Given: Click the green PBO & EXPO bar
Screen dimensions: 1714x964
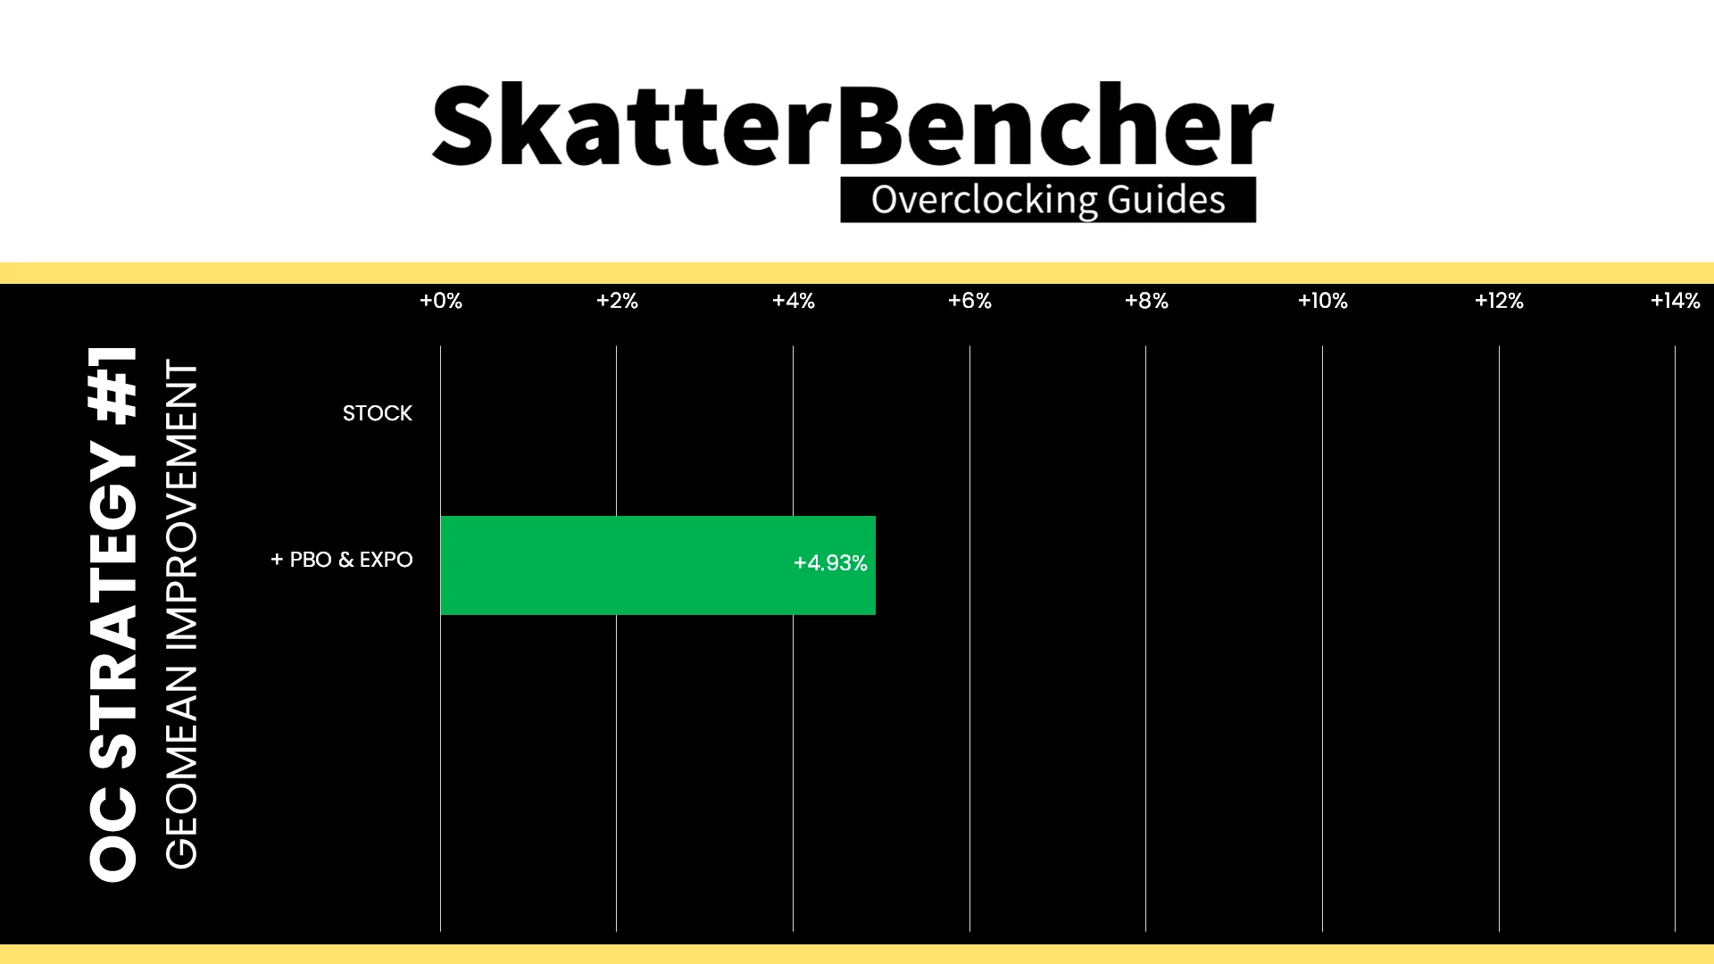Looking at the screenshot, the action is click(658, 565).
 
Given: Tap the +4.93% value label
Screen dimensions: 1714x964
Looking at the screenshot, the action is click(830, 563).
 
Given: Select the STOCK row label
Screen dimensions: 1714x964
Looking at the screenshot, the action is click(378, 413).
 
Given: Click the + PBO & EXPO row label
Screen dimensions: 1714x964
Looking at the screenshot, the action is click(342, 560).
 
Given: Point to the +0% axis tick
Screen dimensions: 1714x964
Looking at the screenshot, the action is click(441, 301).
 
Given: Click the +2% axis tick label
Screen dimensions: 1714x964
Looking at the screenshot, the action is click(617, 301).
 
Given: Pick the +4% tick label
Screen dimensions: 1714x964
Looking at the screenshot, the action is click(794, 301).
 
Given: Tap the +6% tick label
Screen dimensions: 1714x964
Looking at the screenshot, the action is click(969, 301).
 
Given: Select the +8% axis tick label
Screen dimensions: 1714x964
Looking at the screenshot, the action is click(1146, 301).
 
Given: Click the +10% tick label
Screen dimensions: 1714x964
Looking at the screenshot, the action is click(1323, 301).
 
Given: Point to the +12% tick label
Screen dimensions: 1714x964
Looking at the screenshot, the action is click(1499, 301).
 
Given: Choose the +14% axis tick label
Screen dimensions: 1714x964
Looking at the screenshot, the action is click(1676, 301).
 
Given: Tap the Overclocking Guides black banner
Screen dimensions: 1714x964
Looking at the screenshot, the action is click(1048, 200).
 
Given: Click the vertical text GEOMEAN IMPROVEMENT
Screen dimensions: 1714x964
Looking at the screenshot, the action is click(181, 614).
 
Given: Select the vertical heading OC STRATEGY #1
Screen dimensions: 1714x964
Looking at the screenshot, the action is click(113, 614).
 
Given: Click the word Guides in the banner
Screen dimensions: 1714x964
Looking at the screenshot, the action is click(1167, 200).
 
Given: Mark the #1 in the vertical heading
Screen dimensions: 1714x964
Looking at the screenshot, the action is click(113, 384).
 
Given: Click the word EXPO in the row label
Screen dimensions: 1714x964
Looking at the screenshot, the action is click(387, 560).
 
